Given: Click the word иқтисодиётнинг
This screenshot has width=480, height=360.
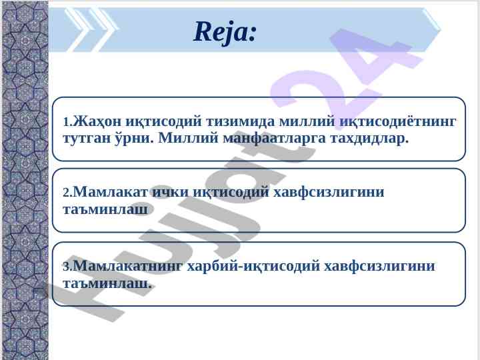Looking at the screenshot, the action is [398, 121].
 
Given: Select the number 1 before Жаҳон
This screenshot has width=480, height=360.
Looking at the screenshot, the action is [67, 123].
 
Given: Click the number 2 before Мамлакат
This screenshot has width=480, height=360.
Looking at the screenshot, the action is [67, 193].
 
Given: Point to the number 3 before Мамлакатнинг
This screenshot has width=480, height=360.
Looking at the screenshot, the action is [67, 267].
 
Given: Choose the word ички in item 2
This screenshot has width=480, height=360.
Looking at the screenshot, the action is [171, 192].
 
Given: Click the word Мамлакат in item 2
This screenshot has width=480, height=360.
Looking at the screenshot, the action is [111, 192].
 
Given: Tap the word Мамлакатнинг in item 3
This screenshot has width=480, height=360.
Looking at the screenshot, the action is [128, 266].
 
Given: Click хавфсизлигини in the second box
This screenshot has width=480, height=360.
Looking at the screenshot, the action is [329, 192].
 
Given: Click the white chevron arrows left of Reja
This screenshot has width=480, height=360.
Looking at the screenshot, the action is [92, 30].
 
